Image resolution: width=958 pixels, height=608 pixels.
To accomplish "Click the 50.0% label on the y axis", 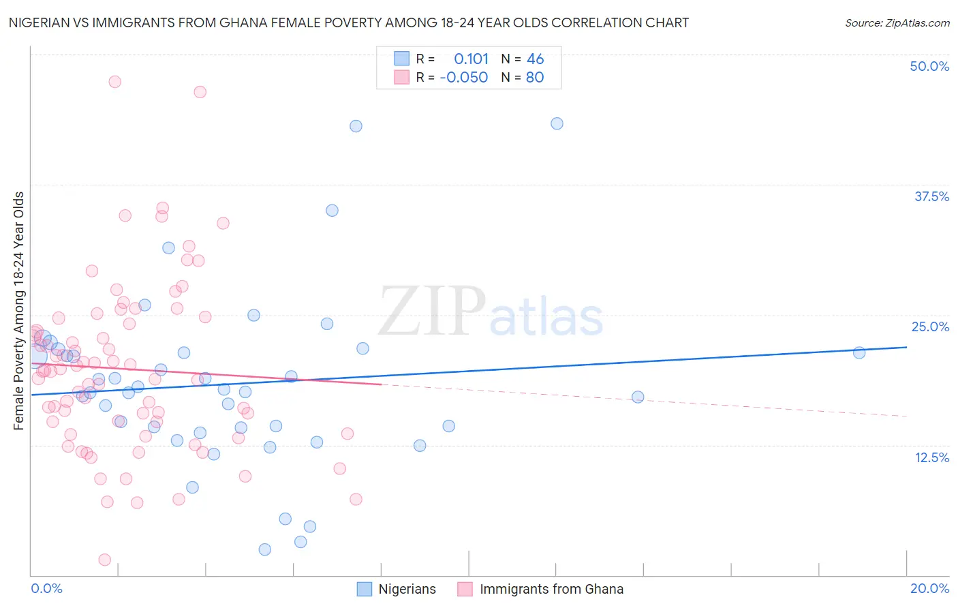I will (929, 66).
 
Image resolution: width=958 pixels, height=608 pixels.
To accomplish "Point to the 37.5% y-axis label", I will (931, 196).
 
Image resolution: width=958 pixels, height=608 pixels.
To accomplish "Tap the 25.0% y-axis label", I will (930, 326).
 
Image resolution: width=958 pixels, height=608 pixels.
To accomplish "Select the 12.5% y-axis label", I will (931, 457).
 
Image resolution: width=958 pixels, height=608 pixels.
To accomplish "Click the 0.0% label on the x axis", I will (46, 589).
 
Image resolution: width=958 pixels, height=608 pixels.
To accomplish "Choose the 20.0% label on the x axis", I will (929, 589).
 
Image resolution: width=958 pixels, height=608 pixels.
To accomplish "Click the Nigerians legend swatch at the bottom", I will (365, 589).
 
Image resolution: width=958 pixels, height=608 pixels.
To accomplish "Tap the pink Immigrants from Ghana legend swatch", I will (465, 589).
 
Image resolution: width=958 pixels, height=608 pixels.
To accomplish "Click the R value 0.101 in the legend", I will (471, 59).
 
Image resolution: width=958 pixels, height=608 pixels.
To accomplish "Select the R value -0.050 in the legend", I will (464, 77).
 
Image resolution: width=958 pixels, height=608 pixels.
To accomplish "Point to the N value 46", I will (535, 59).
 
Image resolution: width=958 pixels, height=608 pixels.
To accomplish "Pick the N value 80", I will (535, 77).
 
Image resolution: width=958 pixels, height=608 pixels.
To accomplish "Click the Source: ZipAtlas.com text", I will (897, 22).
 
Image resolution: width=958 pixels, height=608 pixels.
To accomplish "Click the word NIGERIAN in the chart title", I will (40, 22).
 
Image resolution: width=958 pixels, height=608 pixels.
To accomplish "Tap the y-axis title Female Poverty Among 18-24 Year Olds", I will (19, 311).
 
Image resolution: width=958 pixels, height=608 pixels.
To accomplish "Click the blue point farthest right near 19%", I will (859, 352).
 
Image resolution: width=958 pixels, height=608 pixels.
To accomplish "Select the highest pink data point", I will (115, 82).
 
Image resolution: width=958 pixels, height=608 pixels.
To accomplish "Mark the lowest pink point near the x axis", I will (105, 560).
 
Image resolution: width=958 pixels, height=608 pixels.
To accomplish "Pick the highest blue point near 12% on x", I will (557, 123).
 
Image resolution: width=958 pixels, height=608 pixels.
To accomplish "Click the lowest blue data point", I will (265, 549).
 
